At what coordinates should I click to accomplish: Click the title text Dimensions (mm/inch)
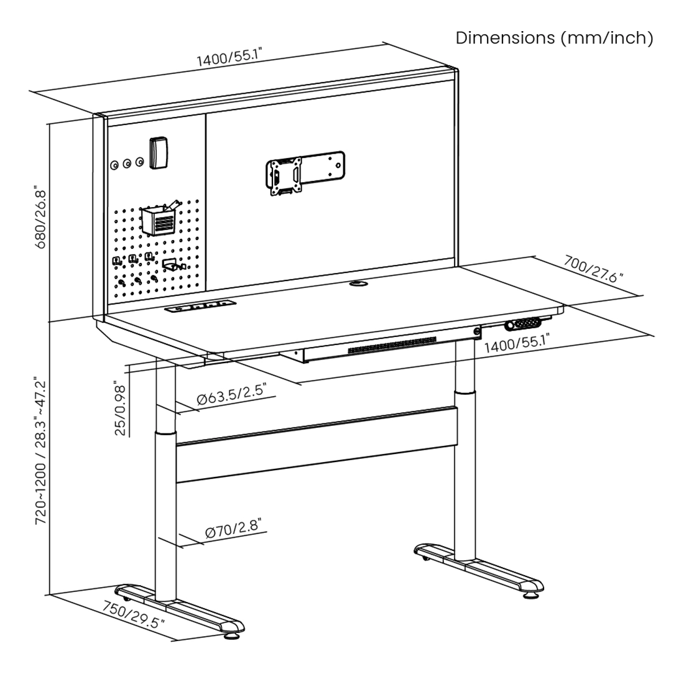pos(554,38)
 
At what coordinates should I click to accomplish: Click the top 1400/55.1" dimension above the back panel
pos(229,58)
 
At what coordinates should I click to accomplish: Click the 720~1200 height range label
pos(41,451)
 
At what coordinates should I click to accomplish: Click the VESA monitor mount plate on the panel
pos(285,177)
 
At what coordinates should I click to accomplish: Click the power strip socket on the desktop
pos(200,307)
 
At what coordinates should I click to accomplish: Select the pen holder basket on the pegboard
pos(159,220)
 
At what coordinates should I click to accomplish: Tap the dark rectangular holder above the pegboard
pos(158,152)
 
